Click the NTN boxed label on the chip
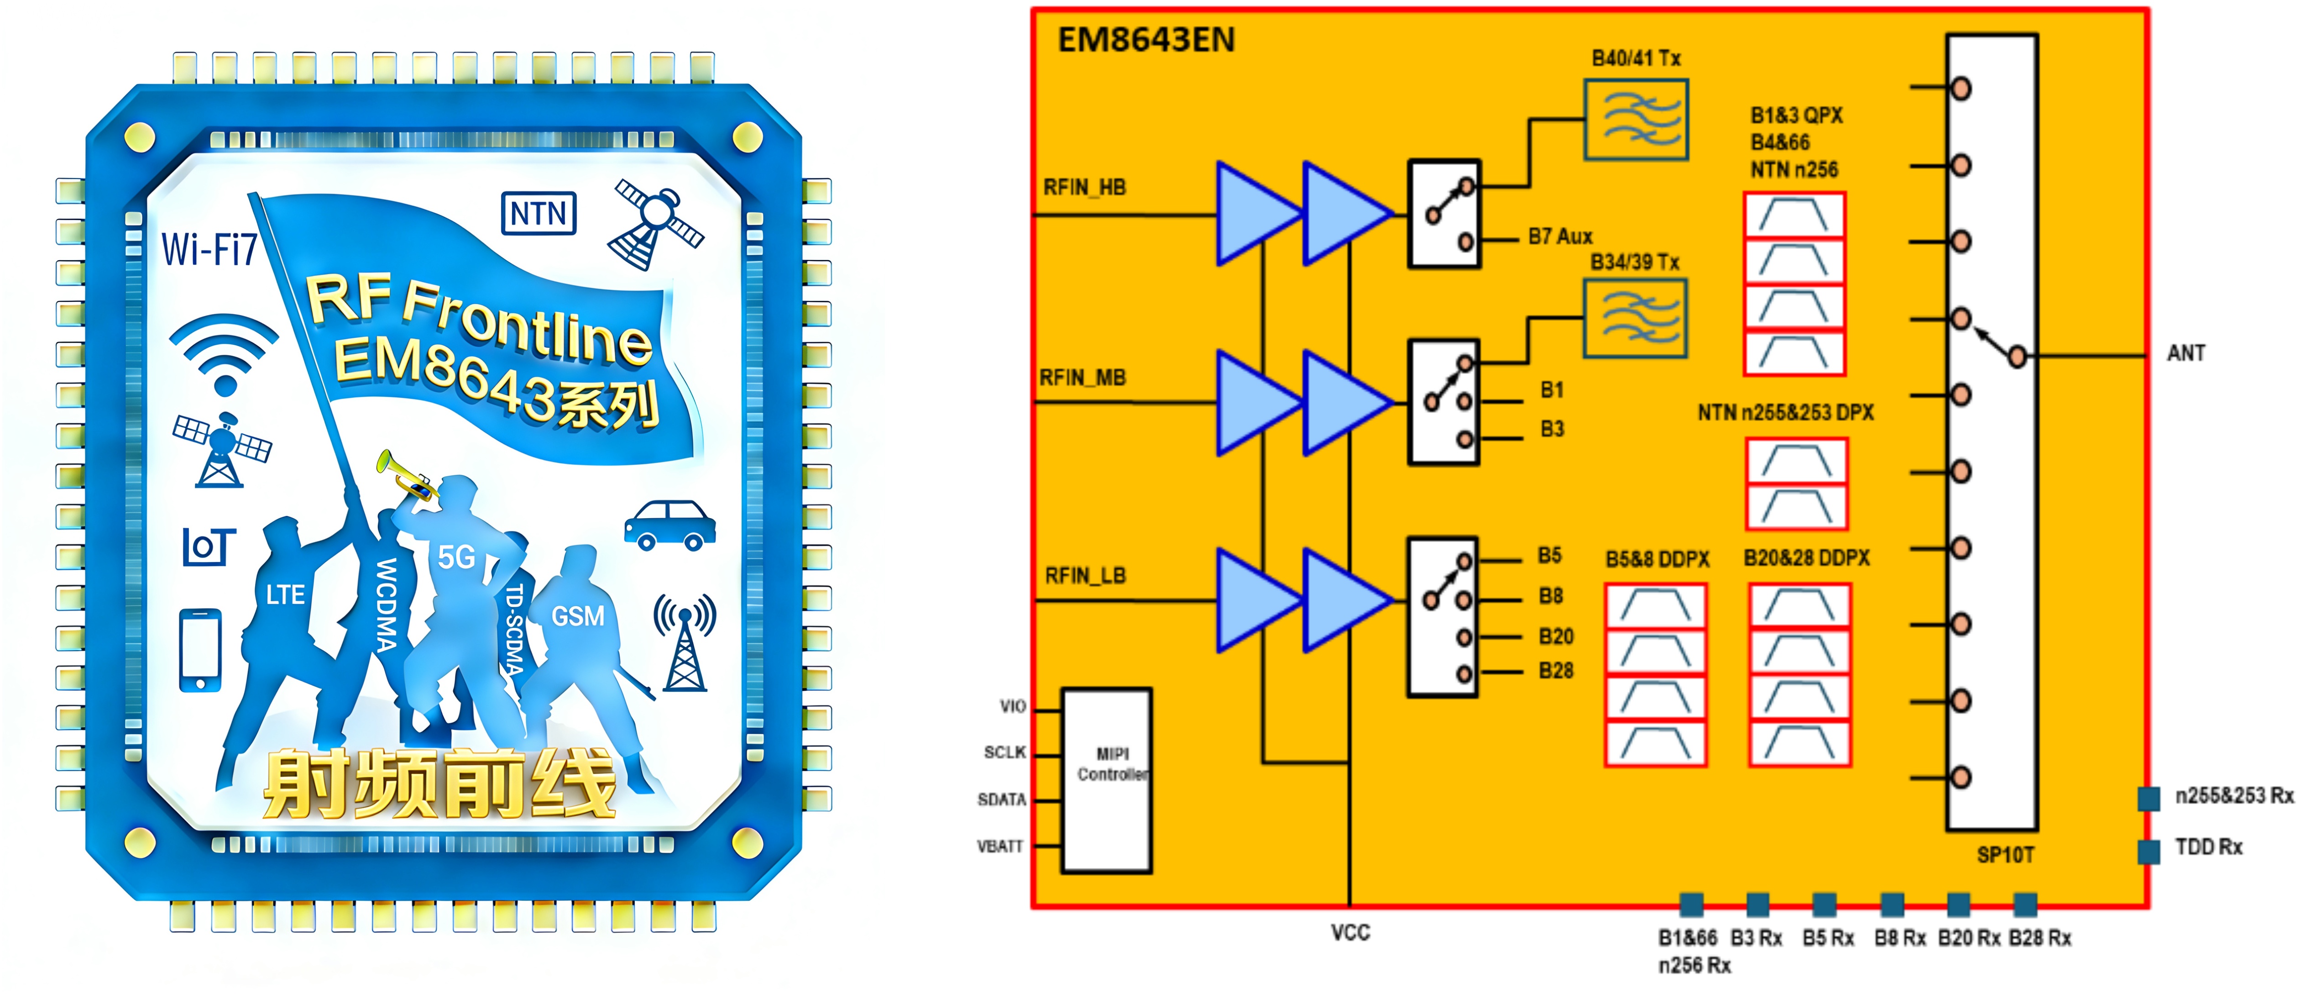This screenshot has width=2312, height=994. tap(539, 214)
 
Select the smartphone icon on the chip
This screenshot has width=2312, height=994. tap(200, 649)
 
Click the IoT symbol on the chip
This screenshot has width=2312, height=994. tap(209, 546)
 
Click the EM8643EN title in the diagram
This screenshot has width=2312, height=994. tap(1146, 40)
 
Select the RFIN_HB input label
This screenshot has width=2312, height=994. tap(1084, 188)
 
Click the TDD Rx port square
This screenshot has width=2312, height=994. tap(2149, 850)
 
